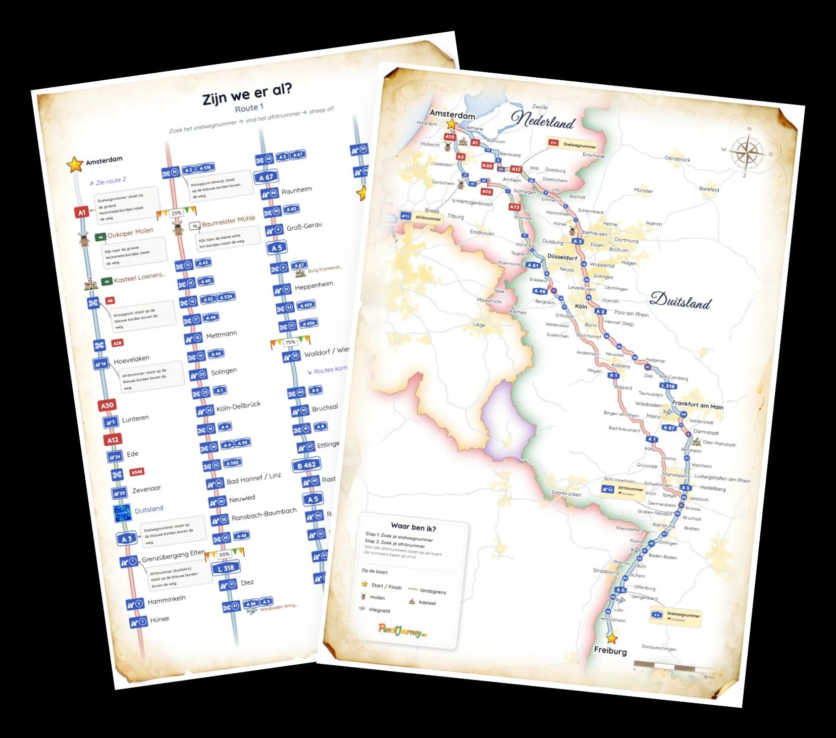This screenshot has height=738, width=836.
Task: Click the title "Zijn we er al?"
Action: (247, 93)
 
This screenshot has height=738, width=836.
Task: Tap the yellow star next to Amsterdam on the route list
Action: (75, 164)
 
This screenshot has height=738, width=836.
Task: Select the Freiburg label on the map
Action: (610, 651)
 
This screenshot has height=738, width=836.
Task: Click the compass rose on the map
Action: (746, 152)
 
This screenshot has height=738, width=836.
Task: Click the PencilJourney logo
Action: (402, 630)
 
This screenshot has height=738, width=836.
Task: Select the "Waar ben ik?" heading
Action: (413, 528)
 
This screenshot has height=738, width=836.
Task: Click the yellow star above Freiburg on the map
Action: (612, 638)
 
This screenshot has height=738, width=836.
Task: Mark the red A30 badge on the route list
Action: (107, 405)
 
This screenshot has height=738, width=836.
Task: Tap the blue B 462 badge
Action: (306, 465)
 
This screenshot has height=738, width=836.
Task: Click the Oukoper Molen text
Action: (130, 233)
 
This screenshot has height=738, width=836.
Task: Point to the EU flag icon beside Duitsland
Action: (123, 512)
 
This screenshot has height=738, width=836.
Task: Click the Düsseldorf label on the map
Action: (562, 257)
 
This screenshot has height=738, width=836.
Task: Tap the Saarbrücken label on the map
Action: (566, 494)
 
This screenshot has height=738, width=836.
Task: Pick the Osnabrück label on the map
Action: (677, 159)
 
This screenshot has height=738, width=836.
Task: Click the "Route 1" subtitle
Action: (249, 108)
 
